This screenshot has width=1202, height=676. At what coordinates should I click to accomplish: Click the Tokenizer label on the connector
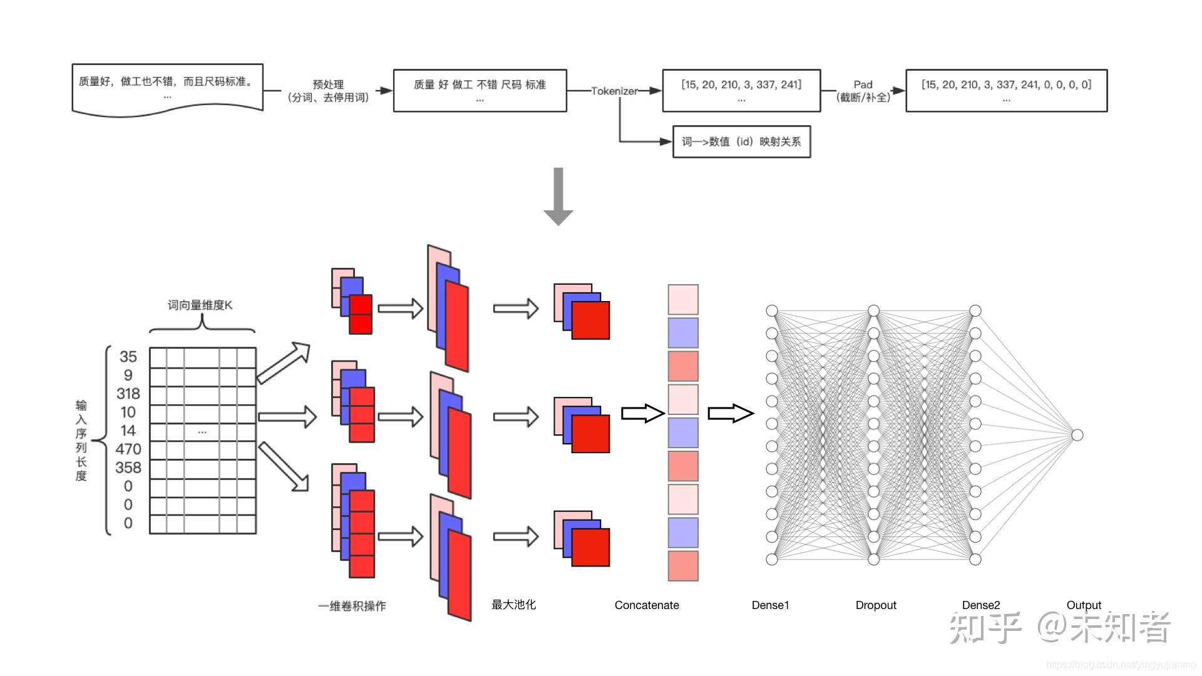click(x=614, y=91)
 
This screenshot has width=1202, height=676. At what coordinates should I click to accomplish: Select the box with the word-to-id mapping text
click(x=741, y=141)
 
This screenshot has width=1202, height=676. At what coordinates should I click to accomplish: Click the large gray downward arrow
click(x=558, y=196)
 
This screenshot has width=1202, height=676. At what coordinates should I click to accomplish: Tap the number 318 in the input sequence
click(x=128, y=394)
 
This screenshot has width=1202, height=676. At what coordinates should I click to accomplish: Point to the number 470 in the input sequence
click(x=128, y=449)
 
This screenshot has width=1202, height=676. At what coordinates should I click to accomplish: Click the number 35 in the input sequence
click(x=128, y=357)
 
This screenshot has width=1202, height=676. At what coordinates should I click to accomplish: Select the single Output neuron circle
click(x=1077, y=435)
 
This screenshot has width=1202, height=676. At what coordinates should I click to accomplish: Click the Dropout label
click(x=876, y=605)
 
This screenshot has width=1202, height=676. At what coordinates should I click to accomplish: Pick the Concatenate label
click(x=647, y=605)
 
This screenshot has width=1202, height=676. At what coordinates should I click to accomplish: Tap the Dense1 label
click(x=770, y=605)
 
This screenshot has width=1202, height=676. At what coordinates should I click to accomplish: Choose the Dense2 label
click(x=980, y=605)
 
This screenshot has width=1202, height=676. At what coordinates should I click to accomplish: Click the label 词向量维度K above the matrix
click(x=200, y=305)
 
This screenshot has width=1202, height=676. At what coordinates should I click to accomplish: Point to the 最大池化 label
click(x=513, y=605)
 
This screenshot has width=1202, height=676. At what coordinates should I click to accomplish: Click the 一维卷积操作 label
click(x=352, y=606)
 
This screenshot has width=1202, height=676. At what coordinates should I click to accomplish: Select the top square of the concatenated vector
click(x=683, y=300)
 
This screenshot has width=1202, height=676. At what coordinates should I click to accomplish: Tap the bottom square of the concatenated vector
click(x=683, y=566)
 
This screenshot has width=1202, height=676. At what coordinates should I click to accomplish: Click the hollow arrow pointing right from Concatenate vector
click(x=730, y=413)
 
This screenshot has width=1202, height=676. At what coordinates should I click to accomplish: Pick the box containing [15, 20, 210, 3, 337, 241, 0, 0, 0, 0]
click(x=1006, y=91)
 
